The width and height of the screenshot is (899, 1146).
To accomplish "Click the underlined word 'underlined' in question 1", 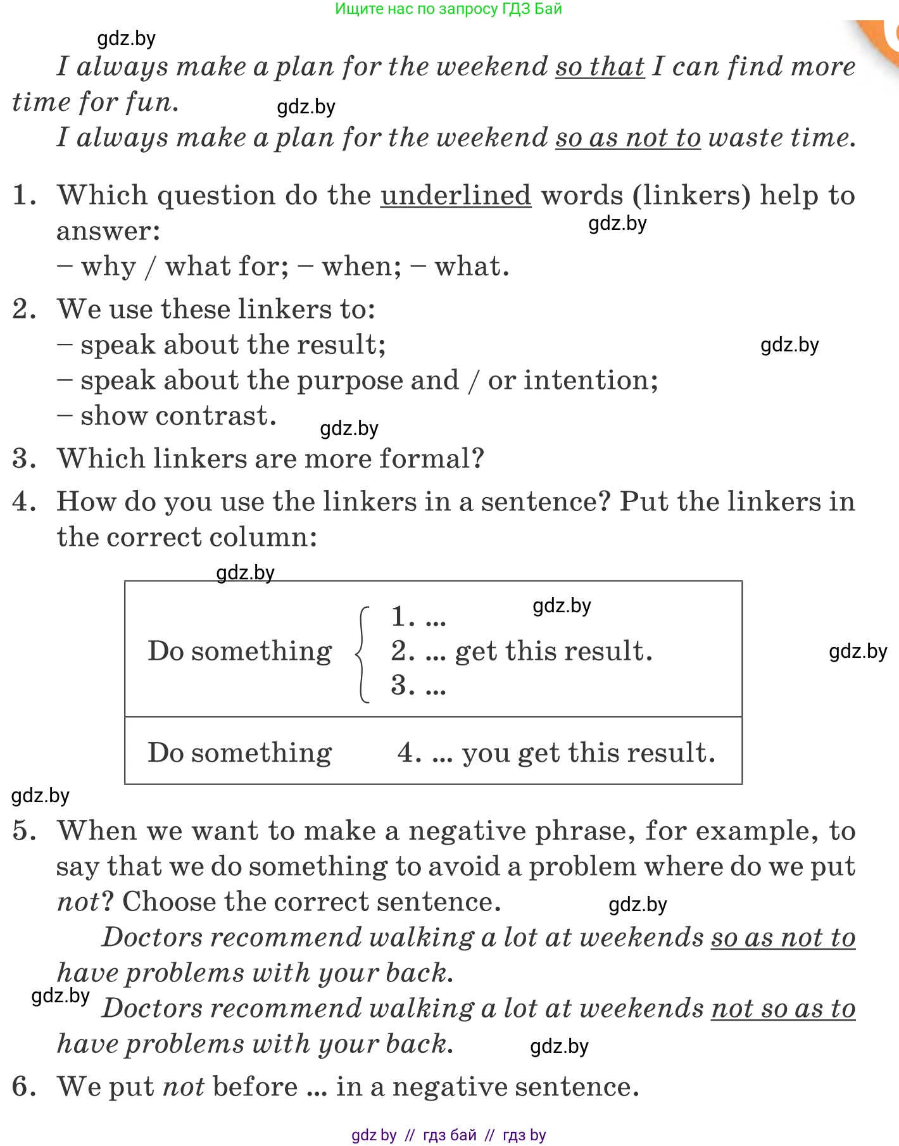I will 456,195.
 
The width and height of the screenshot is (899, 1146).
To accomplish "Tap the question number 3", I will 24,458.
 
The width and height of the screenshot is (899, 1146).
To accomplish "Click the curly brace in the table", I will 363,654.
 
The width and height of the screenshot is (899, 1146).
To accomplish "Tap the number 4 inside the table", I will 409,753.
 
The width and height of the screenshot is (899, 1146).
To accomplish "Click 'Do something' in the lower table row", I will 239,753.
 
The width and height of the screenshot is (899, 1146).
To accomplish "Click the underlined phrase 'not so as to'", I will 783,1009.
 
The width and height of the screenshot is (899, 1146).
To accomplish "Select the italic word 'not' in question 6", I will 183,1087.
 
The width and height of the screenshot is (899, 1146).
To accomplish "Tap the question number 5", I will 24,831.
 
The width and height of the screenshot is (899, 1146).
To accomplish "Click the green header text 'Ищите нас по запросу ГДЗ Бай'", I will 448,9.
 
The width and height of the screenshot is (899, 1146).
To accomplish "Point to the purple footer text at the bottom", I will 448,1135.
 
